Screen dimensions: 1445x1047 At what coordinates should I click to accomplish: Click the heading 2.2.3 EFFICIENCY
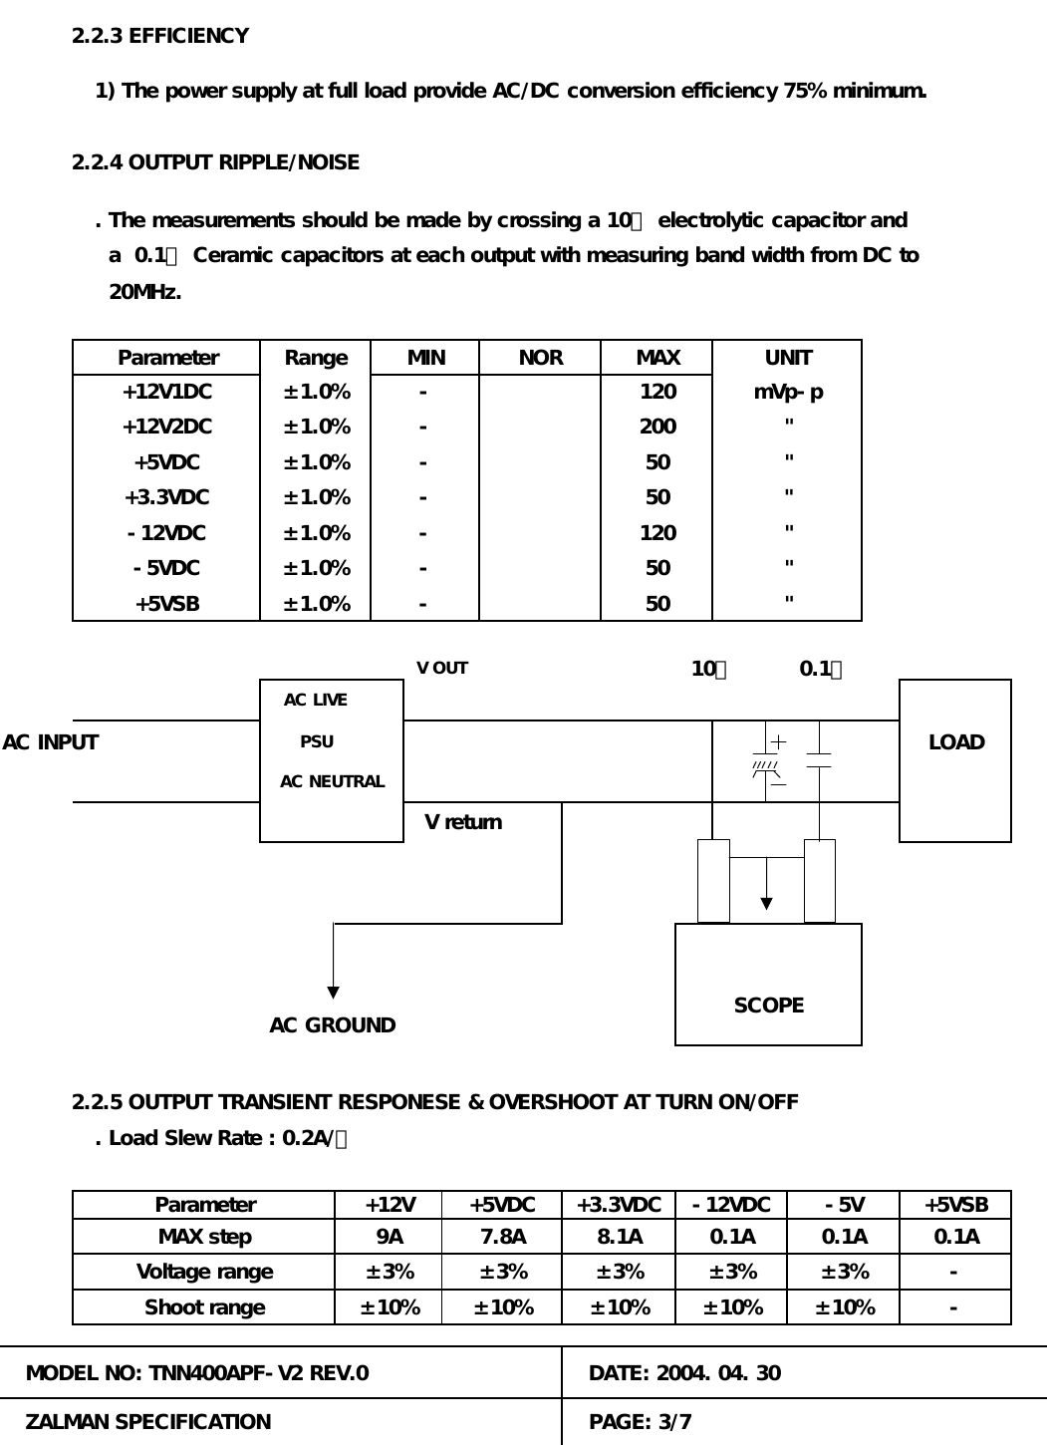(159, 36)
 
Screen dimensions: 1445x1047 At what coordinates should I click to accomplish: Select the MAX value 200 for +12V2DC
(657, 427)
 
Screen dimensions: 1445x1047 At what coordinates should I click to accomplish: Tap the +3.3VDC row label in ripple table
(166, 497)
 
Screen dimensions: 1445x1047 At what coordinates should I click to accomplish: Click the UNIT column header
(788, 358)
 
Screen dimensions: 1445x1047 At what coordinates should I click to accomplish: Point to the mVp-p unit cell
(788, 392)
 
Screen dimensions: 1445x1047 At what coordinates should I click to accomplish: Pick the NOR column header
(540, 358)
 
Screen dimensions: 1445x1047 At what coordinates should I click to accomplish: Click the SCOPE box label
(768, 1006)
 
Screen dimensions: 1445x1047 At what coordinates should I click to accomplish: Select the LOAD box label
(955, 742)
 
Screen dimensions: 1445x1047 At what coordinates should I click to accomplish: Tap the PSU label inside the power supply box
(317, 741)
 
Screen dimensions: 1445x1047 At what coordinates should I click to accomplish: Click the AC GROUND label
(333, 1025)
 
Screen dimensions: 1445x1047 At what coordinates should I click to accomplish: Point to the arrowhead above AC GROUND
(333, 993)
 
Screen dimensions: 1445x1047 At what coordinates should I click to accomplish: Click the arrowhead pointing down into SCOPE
(766, 903)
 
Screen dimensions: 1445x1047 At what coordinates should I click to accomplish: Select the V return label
(463, 822)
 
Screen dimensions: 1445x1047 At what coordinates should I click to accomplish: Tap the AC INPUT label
(51, 742)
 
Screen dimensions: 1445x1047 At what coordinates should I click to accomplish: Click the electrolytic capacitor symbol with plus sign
(766, 763)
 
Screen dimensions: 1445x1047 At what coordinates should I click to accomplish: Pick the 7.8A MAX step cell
(502, 1237)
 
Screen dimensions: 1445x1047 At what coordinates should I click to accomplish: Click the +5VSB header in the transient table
(955, 1205)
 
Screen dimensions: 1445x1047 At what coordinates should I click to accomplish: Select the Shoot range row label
(204, 1307)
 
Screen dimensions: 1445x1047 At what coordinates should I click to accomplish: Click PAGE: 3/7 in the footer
(641, 1422)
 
